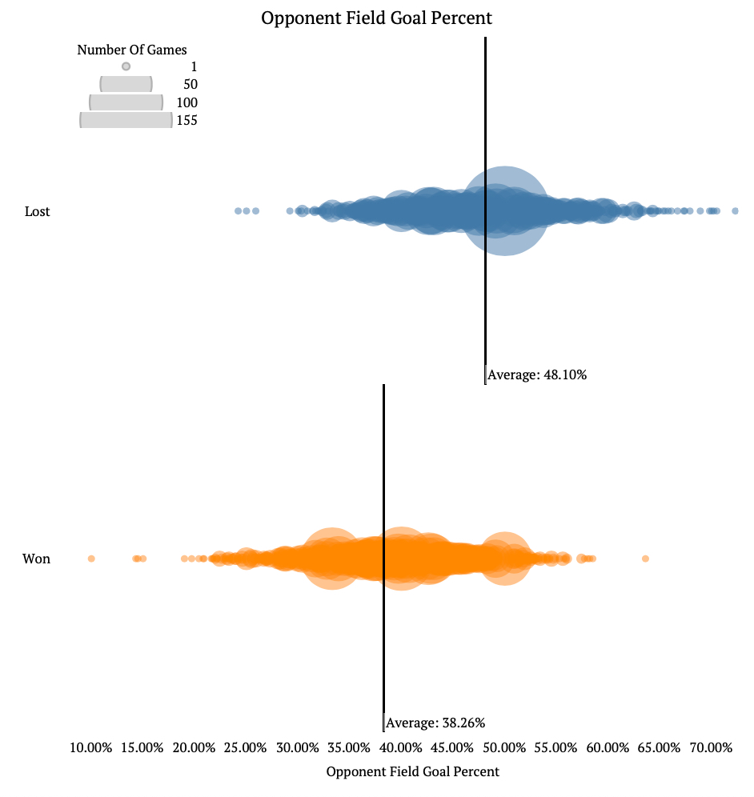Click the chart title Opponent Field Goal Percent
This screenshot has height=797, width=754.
[376, 18]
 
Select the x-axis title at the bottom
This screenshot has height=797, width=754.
[412, 771]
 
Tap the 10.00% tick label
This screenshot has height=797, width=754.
[90, 747]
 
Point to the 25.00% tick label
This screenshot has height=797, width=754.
[245, 747]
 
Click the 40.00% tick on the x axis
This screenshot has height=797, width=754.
[400, 747]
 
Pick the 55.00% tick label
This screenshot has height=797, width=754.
[555, 747]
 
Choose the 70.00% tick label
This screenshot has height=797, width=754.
[711, 747]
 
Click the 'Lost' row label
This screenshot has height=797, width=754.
[37, 211]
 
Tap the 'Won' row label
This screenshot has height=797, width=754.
[36, 559]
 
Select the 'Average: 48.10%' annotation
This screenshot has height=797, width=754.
[537, 374]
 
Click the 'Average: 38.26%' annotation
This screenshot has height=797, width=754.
[435, 723]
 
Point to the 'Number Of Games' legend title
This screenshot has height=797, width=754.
[132, 50]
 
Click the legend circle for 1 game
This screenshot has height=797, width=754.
[126, 67]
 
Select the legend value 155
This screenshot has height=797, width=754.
[186, 121]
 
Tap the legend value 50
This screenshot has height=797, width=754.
[191, 85]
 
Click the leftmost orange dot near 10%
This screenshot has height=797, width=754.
[91, 559]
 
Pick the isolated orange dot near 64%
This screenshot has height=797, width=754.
[646, 559]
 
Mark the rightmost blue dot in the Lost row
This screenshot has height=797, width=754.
[735, 211]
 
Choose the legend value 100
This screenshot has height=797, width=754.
[186, 103]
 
